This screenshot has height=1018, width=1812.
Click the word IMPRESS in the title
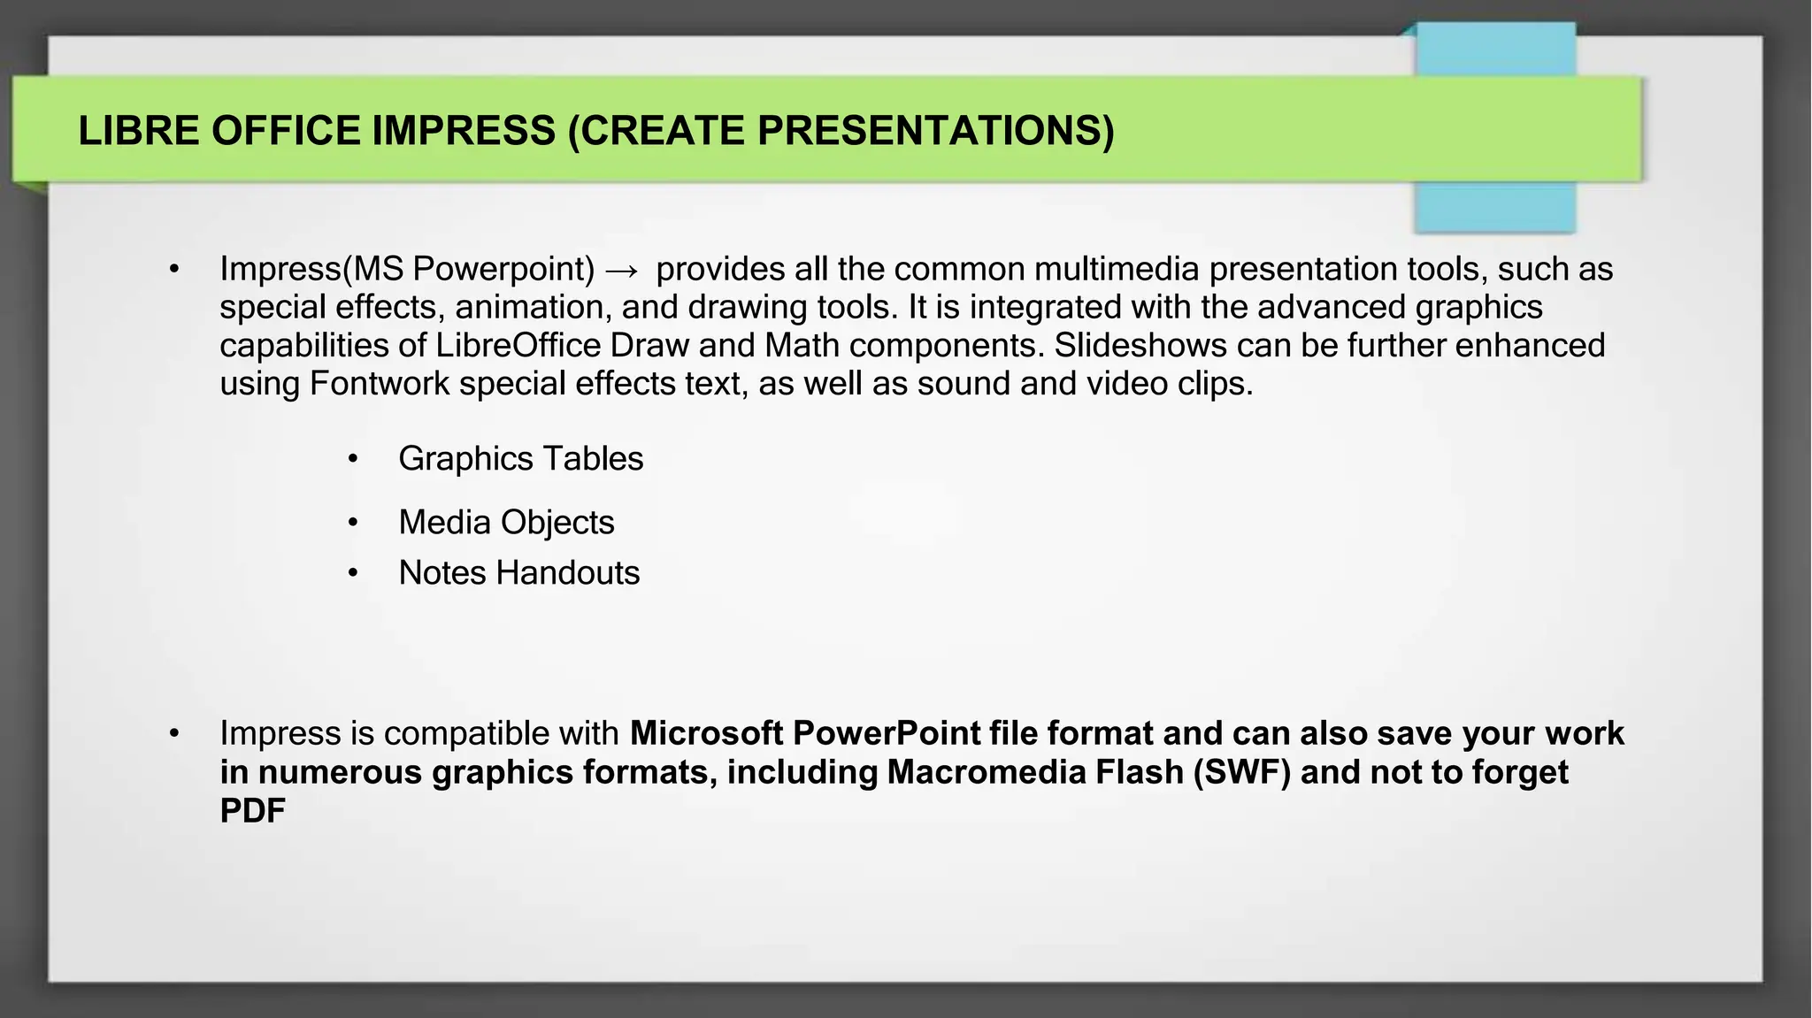[463, 131]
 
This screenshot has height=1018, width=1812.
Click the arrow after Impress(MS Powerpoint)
[622, 270]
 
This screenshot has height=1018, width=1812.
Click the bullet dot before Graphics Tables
[353, 459]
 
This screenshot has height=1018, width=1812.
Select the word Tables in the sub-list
[593, 459]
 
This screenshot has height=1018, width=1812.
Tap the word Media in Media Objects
[443, 522]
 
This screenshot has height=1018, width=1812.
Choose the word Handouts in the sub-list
[568, 573]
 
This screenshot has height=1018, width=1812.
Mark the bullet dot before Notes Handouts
[353, 573]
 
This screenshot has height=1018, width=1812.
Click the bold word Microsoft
[706, 733]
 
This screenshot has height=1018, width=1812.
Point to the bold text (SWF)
[1241, 772]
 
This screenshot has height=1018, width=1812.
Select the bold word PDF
[253, 810]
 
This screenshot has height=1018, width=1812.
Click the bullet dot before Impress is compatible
[174, 733]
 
